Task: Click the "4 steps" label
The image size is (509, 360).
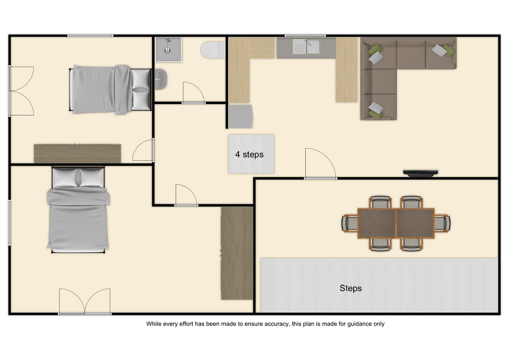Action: pyautogui.click(x=249, y=154)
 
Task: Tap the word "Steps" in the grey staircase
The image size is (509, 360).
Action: pyautogui.click(x=350, y=288)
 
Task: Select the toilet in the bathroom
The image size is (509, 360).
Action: pyautogui.click(x=213, y=50)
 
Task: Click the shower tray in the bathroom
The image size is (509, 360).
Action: pyautogui.click(x=169, y=49)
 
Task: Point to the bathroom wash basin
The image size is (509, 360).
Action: pyautogui.click(x=161, y=79)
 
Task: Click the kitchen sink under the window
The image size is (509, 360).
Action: pyautogui.click(x=306, y=47)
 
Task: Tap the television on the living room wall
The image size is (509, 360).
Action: pyautogui.click(x=420, y=173)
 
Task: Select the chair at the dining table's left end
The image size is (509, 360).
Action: pyautogui.click(x=349, y=223)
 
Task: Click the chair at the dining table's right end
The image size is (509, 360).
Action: pyautogui.click(x=442, y=223)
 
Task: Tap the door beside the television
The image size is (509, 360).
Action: pyautogui.click(x=321, y=163)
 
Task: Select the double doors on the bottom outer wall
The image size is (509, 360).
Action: pyautogui.click(x=85, y=301)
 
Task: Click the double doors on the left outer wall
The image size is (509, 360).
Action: pyautogui.click(x=21, y=91)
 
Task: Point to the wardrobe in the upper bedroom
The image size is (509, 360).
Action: pyautogui.click(x=77, y=154)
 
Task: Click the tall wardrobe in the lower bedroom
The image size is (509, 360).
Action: pyautogui.click(x=237, y=253)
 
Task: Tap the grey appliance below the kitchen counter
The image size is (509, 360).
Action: pyautogui.click(x=240, y=116)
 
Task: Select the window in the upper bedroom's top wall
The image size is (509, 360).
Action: pyautogui.click(x=90, y=36)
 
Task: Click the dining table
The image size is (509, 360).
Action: pyautogui.click(x=396, y=223)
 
